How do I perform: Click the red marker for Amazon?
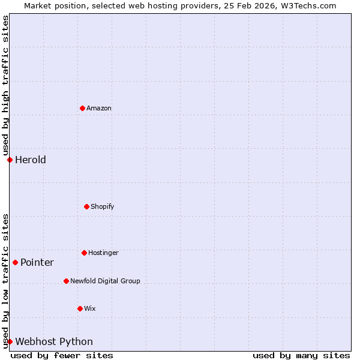(82, 108)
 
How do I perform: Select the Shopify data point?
(86, 206)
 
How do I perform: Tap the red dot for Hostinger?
(84, 253)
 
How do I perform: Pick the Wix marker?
(80, 308)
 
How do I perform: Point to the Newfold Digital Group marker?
(66, 281)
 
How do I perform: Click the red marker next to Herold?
(10, 160)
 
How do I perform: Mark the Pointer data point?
(15, 262)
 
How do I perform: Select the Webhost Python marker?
(10, 341)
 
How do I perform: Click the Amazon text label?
(99, 108)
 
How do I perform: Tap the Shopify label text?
(103, 206)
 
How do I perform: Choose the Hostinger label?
(103, 253)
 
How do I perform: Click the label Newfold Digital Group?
(105, 281)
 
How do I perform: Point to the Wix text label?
(90, 308)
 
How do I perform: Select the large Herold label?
(31, 160)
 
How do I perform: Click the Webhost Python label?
(54, 341)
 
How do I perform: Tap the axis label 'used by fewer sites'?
(62, 355)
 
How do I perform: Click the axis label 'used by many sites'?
(301, 355)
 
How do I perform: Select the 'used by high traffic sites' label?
(5, 86)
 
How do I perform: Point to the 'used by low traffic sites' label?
(5, 281)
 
